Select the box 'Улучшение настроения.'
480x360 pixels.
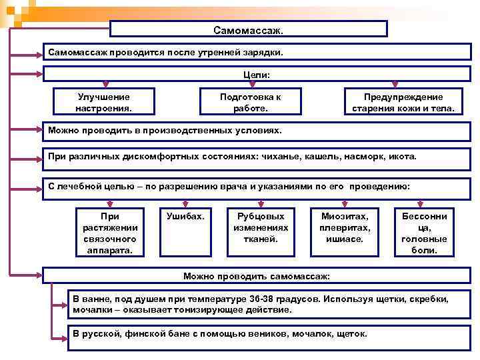(x=103, y=102)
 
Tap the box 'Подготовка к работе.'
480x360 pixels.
(x=250, y=102)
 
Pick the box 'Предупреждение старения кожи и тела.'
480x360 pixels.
(x=403, y=102)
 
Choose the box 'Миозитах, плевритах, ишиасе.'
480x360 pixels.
(x=345, y=227)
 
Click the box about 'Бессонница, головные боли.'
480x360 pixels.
(x=424, y=233)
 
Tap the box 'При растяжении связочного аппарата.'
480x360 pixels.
(x=110, y=233)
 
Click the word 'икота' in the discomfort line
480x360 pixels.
(x=401, y=157)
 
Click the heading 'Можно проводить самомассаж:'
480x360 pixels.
(x=256, y=275)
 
